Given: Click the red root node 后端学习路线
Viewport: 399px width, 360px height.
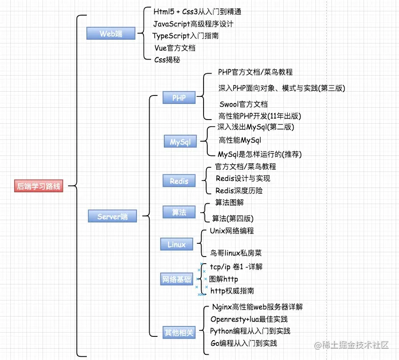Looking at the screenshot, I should coord(39,186).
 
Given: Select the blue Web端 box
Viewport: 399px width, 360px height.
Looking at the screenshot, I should coord(111,33).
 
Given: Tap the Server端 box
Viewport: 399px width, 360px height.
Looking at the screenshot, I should coord(112,216).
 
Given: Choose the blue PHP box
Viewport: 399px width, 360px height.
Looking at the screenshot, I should coord(179,98).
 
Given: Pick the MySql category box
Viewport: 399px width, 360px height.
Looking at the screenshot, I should coord(180,141).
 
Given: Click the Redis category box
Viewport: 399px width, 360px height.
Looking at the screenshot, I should coord(179,180).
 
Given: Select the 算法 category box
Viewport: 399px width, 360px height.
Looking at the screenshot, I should coord(179,212).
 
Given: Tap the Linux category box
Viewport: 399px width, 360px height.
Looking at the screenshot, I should coord(177,244).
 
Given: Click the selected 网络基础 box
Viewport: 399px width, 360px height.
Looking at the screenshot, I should coord(177,279).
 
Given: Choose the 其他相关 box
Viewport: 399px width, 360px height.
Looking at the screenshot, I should coord(178,332).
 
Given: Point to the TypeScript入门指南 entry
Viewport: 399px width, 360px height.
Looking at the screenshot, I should coord(185,35).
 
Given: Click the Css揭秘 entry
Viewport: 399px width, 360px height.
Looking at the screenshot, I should coord(167,60).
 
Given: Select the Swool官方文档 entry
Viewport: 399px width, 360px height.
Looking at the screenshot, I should coord(243,104).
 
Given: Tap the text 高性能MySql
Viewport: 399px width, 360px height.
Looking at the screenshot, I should coord(239,140).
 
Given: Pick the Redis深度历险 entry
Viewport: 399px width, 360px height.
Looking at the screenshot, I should coord(239,190).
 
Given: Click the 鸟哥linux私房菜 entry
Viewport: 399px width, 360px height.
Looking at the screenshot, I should coord(236,253).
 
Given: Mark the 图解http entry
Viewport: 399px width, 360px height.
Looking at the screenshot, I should coord(223,279).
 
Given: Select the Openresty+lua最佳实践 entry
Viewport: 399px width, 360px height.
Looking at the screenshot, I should coord(249,319).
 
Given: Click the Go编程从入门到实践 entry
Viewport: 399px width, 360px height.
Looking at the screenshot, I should coord(244,343).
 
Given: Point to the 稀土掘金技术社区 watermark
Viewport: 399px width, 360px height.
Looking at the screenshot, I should coord(352,345).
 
